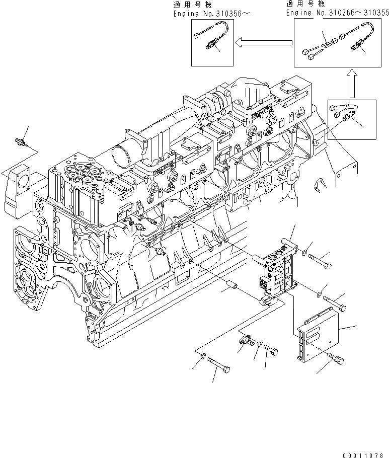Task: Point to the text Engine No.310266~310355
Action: coord(337,13)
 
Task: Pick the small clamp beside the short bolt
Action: coord(245,341)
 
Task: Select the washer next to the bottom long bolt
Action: coord(202,356)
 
